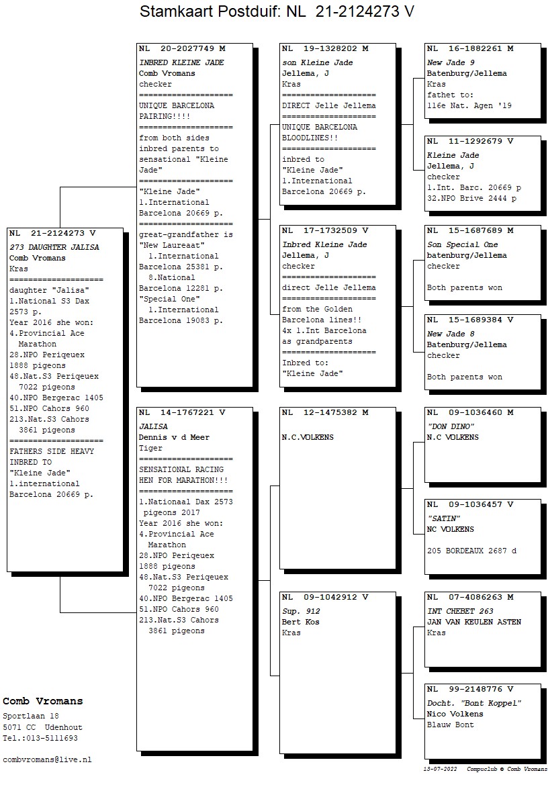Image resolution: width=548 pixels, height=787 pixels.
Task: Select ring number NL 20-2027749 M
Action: click(x=182, y=49)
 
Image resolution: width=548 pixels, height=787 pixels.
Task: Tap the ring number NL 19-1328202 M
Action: click(x=325, y=49)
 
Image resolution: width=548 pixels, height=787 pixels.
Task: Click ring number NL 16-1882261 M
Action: click(x=470, y=49)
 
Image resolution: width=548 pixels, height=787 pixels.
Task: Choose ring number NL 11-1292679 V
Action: click(x=470, y=142)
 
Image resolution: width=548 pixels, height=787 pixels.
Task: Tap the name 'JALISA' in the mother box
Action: click(x=153, y=426)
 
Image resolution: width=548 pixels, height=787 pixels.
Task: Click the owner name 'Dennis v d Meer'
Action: click(x=174, y=437)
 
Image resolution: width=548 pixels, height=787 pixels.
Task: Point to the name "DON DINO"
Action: click(x=451, y=426)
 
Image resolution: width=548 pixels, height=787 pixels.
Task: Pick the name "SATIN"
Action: click(x=443, y=518)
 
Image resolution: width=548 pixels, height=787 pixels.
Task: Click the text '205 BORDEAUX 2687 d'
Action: click(x=471, y=551)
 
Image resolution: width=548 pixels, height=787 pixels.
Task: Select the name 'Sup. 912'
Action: click(x=301, y=611)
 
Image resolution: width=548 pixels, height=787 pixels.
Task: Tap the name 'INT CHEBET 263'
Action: click(x=460, y=611)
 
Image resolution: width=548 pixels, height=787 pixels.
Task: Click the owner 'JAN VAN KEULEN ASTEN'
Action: click(x=474, y=622)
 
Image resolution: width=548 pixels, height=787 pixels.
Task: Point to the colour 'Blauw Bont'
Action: click(x=450, y=725)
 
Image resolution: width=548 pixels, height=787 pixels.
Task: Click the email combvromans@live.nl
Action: click(x=47, y=759)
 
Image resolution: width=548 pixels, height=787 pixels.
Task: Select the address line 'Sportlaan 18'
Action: click(x=31, y=716)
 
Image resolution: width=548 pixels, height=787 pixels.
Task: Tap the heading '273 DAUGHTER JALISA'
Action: click(x=54, y=247)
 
